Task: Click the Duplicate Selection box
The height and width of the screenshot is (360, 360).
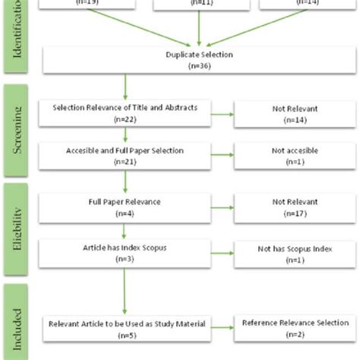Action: pyautogui.click(x=199, y=61)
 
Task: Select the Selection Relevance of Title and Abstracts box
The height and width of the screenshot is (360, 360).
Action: pyautogui.click(x=125, y=114)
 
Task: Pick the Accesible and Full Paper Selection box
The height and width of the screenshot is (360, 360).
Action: pyautogui.click(x=125, y=156)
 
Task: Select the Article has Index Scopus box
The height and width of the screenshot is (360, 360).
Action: pyautogui.click(x=125, y=253)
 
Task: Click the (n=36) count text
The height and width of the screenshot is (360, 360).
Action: pyautogui.click(x=199, y=66)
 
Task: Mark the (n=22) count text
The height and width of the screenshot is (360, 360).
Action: pyautogui.click(x=125, y=119)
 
